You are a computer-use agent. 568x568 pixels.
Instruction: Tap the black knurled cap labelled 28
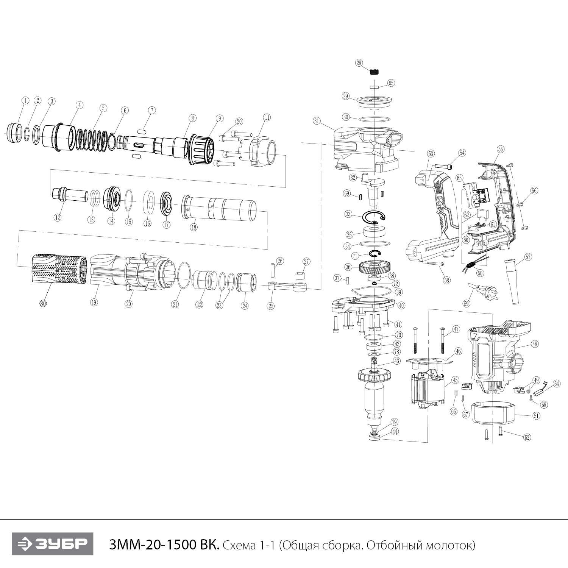pos(374,72)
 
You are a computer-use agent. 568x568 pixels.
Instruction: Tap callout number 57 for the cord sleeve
pos(528,257)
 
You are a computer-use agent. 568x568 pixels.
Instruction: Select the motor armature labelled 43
pos(374,394)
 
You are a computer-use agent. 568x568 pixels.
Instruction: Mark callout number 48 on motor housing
pos(534,344)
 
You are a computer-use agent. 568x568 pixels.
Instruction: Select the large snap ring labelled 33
pos(374,219)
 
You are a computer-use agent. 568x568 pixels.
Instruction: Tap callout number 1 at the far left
pos(25,100)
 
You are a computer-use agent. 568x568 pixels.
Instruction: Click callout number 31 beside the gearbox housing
pos(317,121)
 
